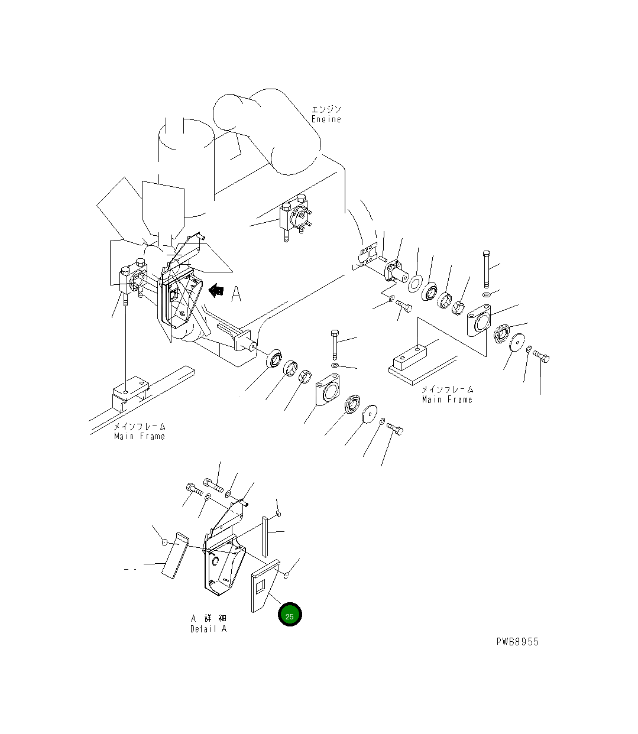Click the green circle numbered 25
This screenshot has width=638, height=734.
pyautogui.click(x=290, y=615)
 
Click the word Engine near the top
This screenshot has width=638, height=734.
pyautogui.click(x=326, y=119)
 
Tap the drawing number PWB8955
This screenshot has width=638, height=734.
pyautogui.click(x=517, y=642)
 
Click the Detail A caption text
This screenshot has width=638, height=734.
pyautogui.click(x=208, y=629)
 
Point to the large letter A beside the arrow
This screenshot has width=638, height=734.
pyautogui.click(x=236, y=294)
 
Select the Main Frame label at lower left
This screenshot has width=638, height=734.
pyautogui.click(x=140, y=436)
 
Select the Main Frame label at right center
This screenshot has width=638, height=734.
pyautogui.click(x=447, y=400)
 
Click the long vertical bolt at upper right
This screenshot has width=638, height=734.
pyautogui.click(x=485, y=269)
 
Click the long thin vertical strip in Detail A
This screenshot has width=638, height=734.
pyautogui.click(x=266, y=536)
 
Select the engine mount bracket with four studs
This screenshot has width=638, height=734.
pyautogui.click(x=297, y=217)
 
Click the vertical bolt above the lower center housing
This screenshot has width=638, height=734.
pyautogui.click(x=335, y=344)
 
